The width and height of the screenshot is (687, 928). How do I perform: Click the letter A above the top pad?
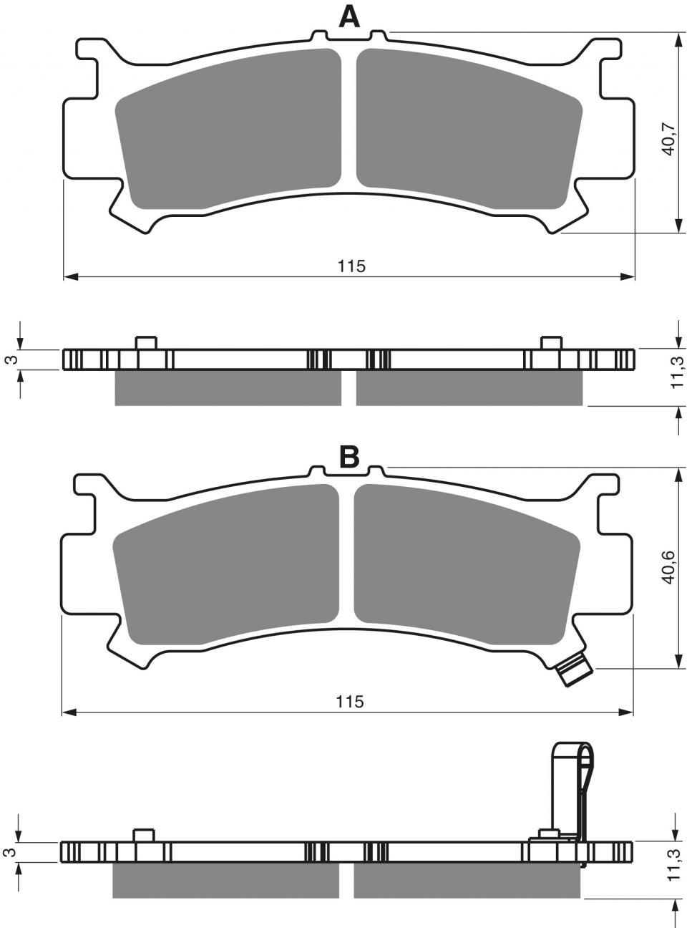click(349, 18)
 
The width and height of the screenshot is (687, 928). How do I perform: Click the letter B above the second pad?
click(349, 458)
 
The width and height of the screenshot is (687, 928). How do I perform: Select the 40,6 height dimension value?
click(668, 567)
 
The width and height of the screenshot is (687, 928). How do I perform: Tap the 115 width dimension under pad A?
click(351, 266)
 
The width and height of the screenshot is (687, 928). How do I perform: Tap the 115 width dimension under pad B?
click(350, 701)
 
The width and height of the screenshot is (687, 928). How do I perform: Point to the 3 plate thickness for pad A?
click(13, 359)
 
